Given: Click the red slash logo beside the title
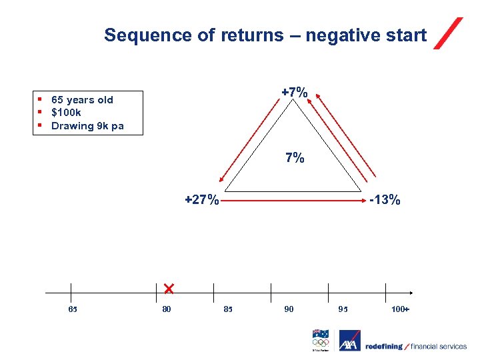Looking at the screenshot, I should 448,33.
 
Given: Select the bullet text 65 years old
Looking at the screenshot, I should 82,100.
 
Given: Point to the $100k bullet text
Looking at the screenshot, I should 66,113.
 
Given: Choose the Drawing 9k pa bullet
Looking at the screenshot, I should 87,126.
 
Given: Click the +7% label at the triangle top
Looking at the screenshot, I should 294,92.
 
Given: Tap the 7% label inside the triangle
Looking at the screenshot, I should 295,158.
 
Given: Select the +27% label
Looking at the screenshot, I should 201,199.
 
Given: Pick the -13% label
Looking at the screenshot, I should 384,199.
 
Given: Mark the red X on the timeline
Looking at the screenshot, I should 168,288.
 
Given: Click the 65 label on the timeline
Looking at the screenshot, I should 73,309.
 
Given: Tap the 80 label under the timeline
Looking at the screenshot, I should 167,309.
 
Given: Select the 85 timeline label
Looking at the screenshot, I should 228,309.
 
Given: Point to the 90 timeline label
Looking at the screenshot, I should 288,309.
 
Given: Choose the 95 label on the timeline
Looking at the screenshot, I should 343,309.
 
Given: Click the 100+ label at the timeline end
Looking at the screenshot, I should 400,309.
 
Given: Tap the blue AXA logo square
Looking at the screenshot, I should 349,341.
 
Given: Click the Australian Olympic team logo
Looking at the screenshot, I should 321,340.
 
